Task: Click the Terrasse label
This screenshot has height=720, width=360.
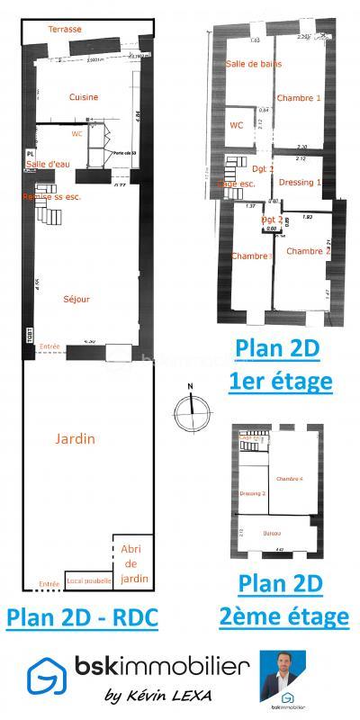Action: tap(65, 30)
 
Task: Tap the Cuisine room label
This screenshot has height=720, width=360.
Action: tap(84, 96)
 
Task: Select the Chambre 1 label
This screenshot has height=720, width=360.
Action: tap(298, 97)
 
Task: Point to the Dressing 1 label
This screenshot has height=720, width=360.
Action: tap(300, 182)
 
